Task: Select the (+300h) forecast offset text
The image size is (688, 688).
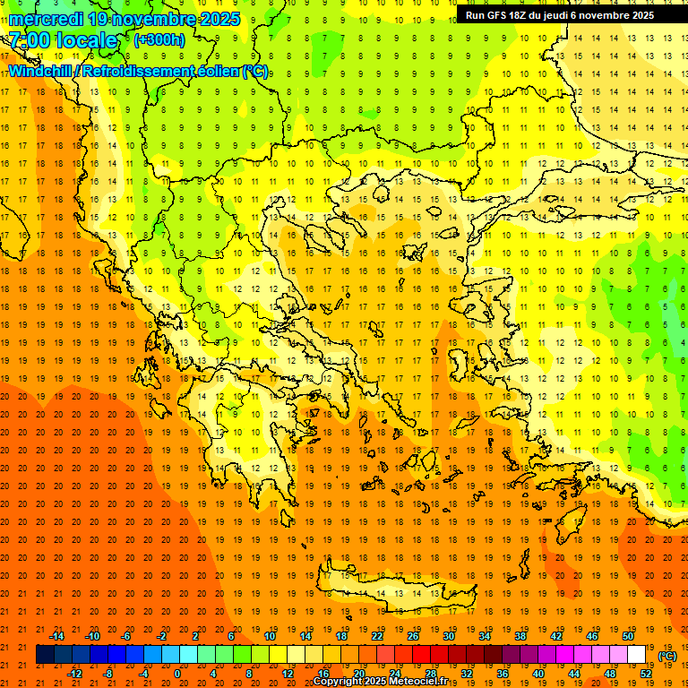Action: point(159,39)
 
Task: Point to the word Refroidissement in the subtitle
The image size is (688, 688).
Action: point(143,72)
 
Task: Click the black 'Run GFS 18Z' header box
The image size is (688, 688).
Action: point(560,15)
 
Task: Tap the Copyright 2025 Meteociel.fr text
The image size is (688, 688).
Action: point(380,682)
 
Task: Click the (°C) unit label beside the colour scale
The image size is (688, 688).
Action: point(667,656)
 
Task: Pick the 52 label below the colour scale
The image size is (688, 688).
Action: point(646,674)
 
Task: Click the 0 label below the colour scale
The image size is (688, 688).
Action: point(178,674)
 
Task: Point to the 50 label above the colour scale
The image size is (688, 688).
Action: point(628,636)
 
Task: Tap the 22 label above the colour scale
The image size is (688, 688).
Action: point(377,636)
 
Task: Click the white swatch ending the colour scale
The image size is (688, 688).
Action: point(637,655)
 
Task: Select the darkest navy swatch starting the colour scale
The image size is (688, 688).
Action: point(45,655)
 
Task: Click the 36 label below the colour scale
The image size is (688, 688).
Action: point(503,674)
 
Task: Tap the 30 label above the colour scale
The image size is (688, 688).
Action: point(449,636)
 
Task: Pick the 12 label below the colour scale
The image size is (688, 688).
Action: point(288,674)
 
